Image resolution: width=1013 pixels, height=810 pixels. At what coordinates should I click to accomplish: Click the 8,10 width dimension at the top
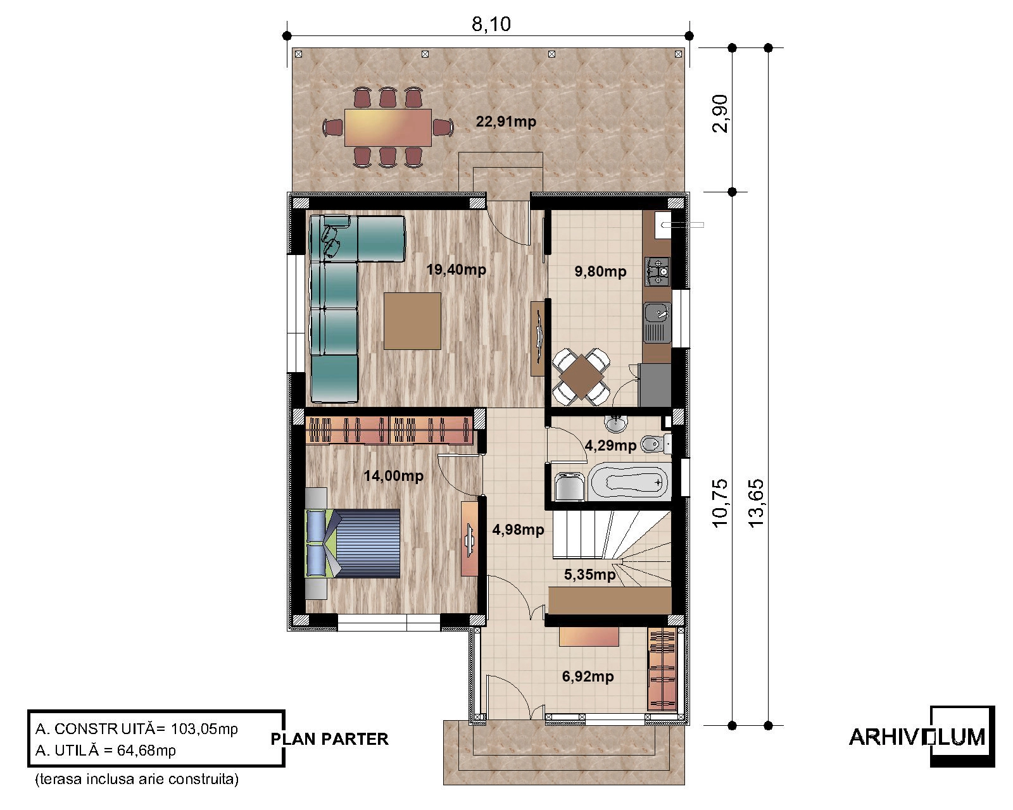[491, 24]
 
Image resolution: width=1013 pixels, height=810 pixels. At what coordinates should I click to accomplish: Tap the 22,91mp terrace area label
[506, 121]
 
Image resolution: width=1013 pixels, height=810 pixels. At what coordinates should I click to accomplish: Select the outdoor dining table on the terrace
[388, 128]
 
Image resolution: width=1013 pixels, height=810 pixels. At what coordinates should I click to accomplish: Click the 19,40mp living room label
[456, 270]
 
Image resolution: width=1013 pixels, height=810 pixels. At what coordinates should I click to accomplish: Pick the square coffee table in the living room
[412, 321]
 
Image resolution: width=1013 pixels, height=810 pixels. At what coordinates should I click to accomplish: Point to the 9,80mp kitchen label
[600, 271]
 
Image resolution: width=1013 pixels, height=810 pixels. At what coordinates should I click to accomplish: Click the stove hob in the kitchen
[657, 271]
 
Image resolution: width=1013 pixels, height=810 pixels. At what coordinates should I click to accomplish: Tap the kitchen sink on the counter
[658, 322]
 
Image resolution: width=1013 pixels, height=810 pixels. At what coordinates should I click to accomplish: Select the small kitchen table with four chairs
[581, 377]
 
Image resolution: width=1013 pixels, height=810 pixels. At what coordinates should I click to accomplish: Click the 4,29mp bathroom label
[610, 445]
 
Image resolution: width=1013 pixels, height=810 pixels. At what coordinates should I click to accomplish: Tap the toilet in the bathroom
[656, 444]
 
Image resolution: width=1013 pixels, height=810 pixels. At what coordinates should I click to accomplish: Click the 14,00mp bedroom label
[394, 476]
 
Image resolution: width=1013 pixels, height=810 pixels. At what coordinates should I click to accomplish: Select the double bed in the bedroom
[353, 543]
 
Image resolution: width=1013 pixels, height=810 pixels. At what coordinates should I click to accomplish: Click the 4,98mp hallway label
[519, 530]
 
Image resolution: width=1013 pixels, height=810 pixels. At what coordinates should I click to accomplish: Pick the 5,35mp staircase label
[590, 575]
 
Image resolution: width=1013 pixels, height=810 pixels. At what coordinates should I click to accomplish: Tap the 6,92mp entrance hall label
[588, 677]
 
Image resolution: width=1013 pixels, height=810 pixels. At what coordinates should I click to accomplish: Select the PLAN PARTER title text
[329, 739]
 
